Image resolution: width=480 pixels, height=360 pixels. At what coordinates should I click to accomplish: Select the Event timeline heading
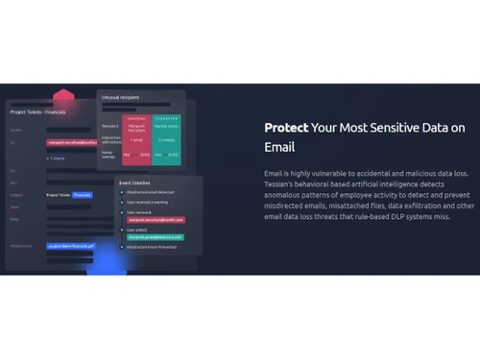134,182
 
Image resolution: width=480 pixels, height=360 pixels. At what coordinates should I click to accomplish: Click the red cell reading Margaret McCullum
136,128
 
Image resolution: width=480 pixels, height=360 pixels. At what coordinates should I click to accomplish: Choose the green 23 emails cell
167,139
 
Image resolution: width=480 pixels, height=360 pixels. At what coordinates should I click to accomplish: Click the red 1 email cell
136,139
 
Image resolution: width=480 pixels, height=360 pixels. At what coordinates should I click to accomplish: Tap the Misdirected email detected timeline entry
146,191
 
